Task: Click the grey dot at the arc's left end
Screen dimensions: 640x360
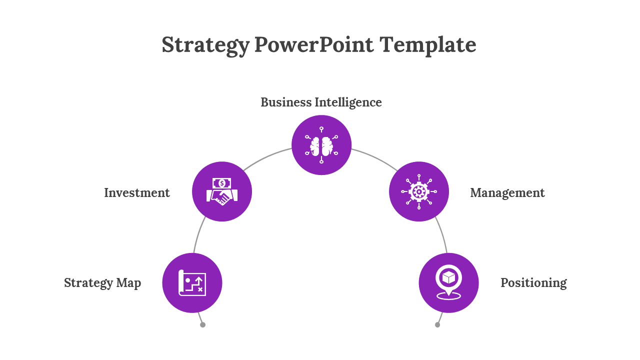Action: pos(202,324)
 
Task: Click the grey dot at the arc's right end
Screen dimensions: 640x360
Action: pos(437,324)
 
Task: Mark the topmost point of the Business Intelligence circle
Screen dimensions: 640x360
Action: pos(321,115)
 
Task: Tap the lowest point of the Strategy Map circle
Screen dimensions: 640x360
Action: pos(192,312)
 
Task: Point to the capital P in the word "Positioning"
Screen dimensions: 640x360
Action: pos(505,282)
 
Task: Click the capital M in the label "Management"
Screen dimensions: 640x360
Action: pos(476,192)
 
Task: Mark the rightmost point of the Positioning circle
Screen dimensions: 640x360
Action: pos(478,283)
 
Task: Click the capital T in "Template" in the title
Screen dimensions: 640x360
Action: pos(387,44)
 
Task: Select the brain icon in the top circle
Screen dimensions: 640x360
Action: pos(321,145)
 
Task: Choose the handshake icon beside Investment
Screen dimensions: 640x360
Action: pos(222,191)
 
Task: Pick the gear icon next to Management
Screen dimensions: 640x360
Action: pos(419,191)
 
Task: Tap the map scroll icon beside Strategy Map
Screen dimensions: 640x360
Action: pos(192,283)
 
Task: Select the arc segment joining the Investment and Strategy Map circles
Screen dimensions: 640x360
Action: pos(198,234)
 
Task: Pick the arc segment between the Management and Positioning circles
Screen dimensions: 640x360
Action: pos(442,234)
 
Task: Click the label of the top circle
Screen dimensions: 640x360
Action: pos(321,102)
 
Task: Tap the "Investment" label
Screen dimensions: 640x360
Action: pos(137,192)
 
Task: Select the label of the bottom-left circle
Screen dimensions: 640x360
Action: pos(102,283)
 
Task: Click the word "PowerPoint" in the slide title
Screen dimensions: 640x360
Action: pos(313,44)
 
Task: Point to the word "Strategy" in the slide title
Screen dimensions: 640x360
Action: pos(205,45)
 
